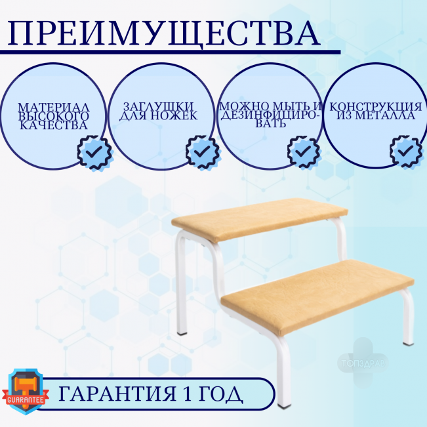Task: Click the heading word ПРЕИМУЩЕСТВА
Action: (163, 34)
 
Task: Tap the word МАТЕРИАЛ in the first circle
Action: (54, 108)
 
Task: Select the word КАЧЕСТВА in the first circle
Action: (54, 125)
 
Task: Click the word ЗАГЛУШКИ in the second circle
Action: (158, 106)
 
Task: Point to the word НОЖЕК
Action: (174, 115)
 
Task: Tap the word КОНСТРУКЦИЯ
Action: (376, 106)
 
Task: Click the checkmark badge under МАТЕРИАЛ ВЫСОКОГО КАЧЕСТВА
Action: (94, 152)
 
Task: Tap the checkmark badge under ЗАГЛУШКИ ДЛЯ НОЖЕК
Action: (203, 152)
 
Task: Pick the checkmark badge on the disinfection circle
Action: (304, 151)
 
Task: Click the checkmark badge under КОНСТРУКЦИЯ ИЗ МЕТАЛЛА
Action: (406, 151)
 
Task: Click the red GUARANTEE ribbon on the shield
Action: (26, 399)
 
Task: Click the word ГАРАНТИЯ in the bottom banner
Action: (117, 394)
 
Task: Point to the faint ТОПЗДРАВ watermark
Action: (363, 363)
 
